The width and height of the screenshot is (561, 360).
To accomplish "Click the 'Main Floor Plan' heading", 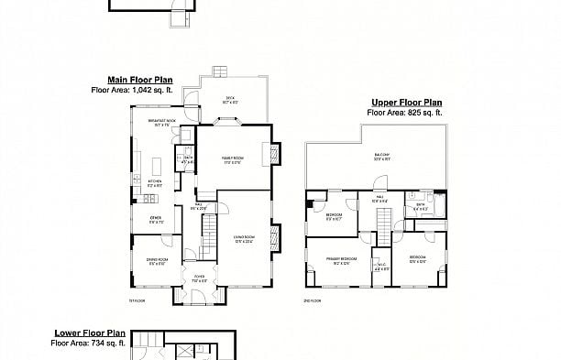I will [133, 81].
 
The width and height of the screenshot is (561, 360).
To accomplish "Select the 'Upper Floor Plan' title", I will [406, 103].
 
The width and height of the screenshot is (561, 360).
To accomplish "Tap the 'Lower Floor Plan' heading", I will [89, 333].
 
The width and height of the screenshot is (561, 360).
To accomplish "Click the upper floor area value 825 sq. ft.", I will [417, 112].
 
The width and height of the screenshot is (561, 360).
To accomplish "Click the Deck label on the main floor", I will [230, 100].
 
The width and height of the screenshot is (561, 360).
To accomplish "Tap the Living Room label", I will [244, 238].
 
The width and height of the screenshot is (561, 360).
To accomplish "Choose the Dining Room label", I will [157, 262].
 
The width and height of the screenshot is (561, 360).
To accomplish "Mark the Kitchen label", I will [154, 182].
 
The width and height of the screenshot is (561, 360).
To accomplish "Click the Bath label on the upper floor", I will [420, 207].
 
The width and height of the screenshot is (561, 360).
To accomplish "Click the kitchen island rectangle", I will [156, 165].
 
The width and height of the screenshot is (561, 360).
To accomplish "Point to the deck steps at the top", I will [221, 72].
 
